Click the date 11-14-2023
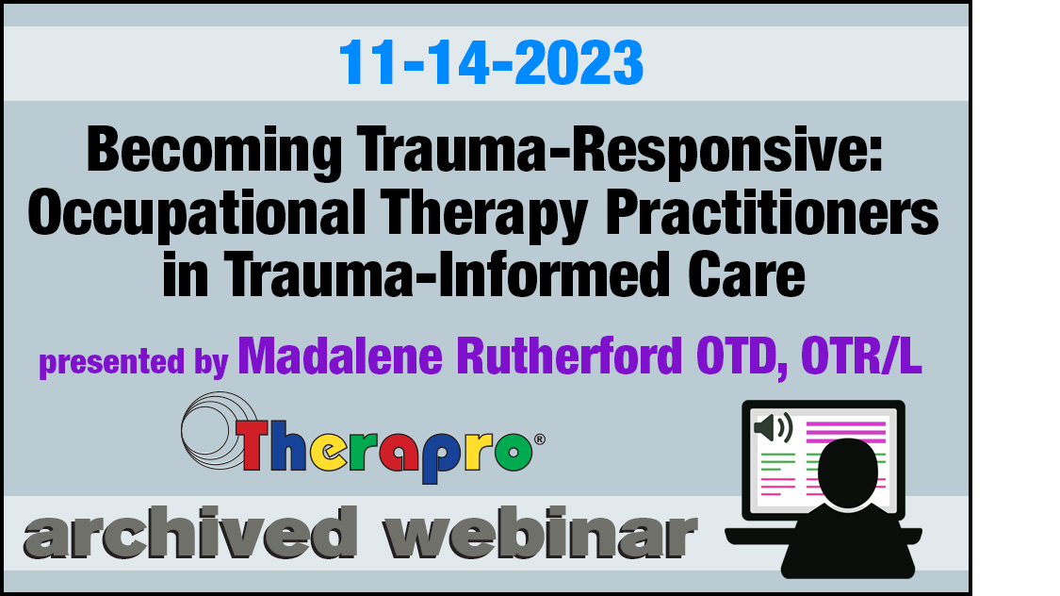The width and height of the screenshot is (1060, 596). tap(491, 62)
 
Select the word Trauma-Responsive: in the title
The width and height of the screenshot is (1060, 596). tap(620, 150)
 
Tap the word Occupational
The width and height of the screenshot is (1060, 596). tap(196, 214)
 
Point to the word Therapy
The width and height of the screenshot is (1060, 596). tap(483, 214)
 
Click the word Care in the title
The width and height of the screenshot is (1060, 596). tap(746, 274)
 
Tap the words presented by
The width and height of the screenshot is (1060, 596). tap(134, 361)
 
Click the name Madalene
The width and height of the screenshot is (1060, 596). tap(340, 356)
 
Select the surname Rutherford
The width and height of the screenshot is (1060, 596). tap(569, 356)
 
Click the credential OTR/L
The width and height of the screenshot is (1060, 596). tap(861, 356)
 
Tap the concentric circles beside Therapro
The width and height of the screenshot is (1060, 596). tap(215, 430)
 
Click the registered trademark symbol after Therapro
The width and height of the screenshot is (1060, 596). tap(540, 439)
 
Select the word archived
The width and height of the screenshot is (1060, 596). tap(190, 532)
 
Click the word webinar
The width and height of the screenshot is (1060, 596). tap(540, 532)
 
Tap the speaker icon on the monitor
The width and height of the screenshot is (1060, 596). tap(774, 427)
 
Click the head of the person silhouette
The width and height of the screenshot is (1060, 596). tap(848, 472)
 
